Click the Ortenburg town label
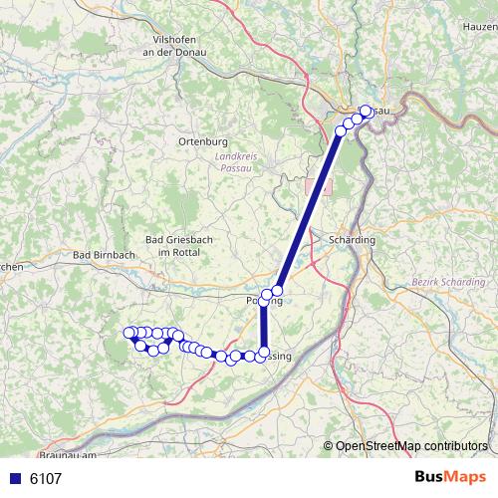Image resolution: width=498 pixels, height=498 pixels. pos(202,141)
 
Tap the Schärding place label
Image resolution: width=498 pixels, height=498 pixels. pos(351,241)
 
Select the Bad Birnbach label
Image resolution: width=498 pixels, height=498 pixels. pos(104,255)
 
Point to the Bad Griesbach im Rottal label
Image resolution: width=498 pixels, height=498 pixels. pos(172,246)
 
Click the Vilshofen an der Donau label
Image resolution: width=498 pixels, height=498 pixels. pos(179,46)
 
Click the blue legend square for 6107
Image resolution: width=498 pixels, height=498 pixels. pos(14,478)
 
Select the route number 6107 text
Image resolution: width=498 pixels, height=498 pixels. pos(46,478)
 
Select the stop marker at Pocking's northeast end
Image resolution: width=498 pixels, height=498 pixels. pos(277,291)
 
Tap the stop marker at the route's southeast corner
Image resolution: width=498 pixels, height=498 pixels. pos(264,353)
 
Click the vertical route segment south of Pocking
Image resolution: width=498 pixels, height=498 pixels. pos(264,327)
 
